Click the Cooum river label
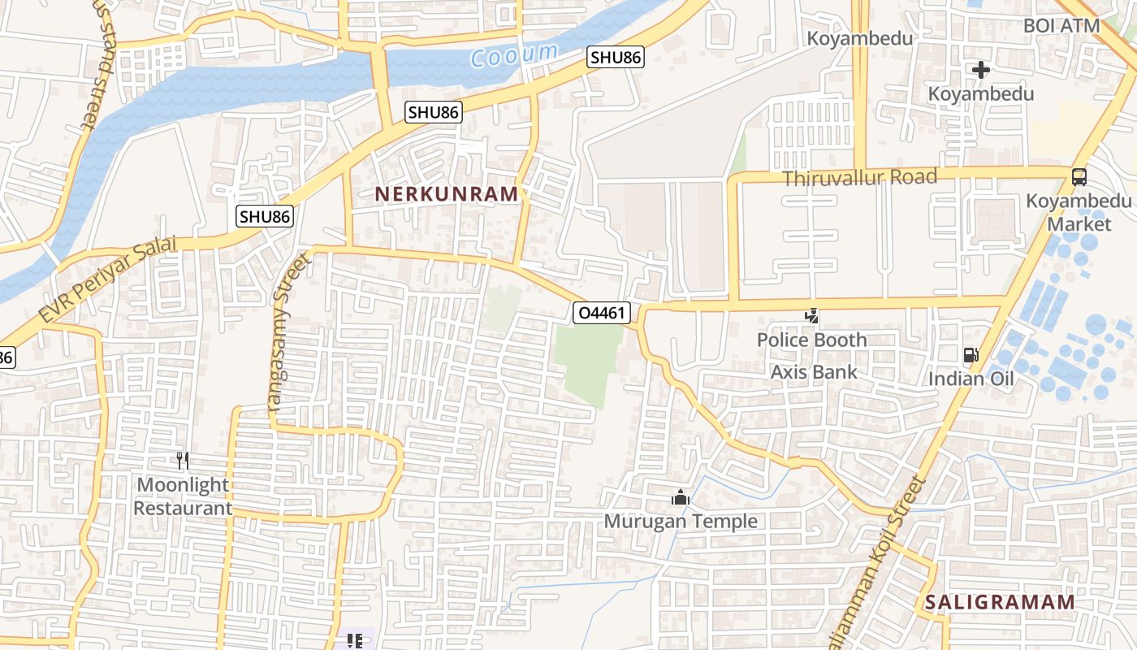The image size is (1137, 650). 515,55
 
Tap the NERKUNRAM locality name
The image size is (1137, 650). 446,194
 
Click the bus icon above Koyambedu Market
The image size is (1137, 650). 1079,176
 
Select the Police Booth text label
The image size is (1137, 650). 811,340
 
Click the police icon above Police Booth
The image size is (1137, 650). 811,315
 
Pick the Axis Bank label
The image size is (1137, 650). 814,372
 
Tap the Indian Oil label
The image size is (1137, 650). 971,379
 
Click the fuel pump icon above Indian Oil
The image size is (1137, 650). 971,355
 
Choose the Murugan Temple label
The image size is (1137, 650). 681,521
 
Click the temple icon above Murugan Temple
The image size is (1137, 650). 681,497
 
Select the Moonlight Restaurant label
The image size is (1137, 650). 183,496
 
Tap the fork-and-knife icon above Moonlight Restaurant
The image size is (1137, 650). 183,461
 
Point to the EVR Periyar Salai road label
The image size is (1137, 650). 107,279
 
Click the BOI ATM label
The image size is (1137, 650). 1061,25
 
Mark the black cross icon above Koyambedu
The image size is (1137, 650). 981,70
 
